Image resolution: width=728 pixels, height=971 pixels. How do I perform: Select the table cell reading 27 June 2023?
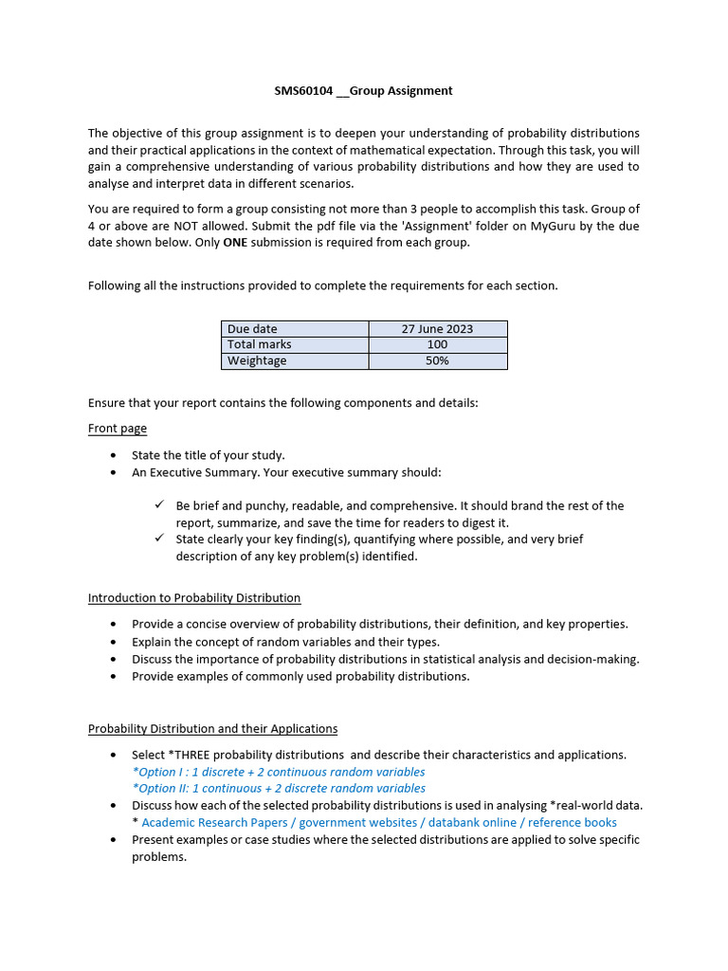(x=437, y=329)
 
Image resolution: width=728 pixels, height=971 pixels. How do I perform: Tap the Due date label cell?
(x=295, y=329)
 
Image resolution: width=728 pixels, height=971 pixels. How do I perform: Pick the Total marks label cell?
(x=295, y=345)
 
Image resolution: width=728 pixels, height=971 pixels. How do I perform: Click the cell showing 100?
(x=437, y=345)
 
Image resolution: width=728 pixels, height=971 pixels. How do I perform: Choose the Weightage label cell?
(x=295, y=361)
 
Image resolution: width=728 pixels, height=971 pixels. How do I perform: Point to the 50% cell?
(x=437, y=361)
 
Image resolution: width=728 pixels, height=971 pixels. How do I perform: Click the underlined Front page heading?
(x=118, y=429)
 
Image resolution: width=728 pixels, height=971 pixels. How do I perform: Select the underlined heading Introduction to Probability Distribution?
(x=194, y=598)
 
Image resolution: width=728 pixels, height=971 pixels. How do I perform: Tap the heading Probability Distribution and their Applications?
(x=212, y=729)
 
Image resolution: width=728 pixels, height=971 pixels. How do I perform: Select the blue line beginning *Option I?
(x=279, y=772)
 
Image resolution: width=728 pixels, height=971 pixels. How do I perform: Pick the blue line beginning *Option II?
(x=279, y=788)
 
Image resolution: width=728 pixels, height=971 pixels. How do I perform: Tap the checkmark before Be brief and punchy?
(x=160, y=505)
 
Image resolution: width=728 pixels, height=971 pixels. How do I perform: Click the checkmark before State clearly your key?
(x=160, y=539)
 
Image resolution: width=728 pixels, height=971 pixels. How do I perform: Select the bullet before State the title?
(x=114, y=456)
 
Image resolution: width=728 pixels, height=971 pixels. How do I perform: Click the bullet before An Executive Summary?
(x=114, y=472)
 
